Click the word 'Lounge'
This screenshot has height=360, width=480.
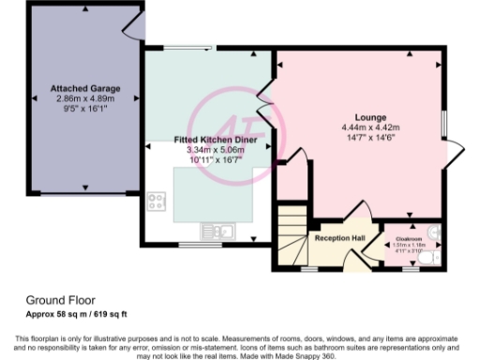pyautogui.click(x=357, y=117)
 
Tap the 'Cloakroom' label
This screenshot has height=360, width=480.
pyautogui.click(x=407, y=239)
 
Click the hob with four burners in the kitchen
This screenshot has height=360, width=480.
pyautogui.click(x=157, y=202)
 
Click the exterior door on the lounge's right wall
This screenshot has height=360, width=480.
pyautogui.click(x=455, y=151)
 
